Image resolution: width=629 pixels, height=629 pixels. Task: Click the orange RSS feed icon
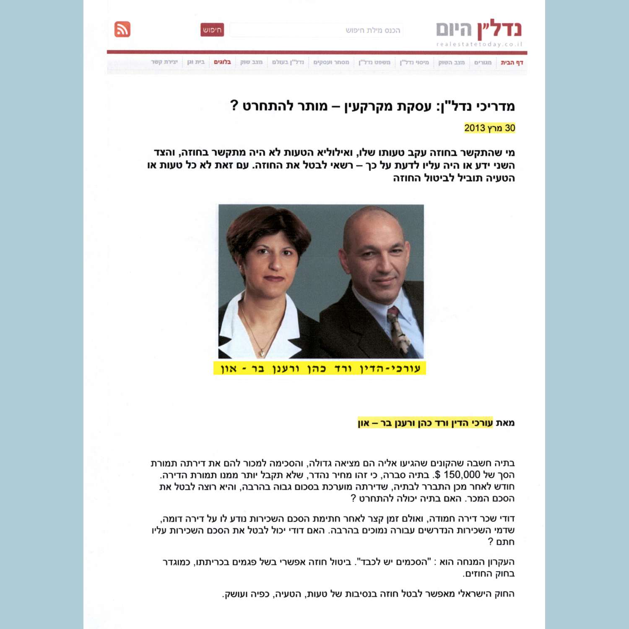pos(122,29)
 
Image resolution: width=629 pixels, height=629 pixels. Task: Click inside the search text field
pos(316,30)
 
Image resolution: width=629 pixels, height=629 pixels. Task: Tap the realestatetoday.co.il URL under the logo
pos(479,44)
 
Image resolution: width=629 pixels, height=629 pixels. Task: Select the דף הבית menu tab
pos(512,62)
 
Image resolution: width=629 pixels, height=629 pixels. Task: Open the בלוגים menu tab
pos(222,62)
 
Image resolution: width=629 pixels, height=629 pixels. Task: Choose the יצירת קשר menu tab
pos(164,62)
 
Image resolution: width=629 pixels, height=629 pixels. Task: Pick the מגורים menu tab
pos(483,62)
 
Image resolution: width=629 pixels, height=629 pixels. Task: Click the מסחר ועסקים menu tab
pos(331,62)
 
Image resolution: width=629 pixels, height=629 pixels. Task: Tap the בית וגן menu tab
pos(196,62)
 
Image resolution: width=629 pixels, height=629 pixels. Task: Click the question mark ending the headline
pos(234,105)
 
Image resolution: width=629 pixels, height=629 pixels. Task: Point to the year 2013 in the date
pos(475,128)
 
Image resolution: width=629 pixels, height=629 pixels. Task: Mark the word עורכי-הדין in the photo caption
pos(390,369)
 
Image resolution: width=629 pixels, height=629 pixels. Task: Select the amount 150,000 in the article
pos(462,475)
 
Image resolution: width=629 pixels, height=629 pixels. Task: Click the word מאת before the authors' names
pos(505,423)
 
